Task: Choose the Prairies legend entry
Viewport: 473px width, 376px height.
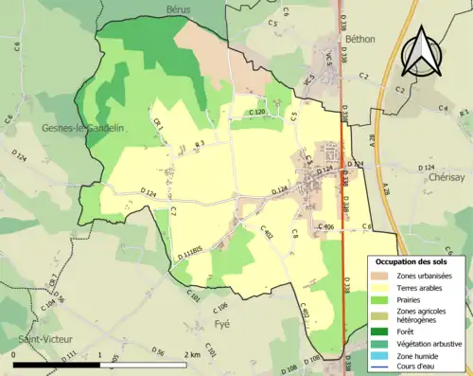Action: [412, 299]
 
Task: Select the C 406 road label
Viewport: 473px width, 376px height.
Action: [324, 227]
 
